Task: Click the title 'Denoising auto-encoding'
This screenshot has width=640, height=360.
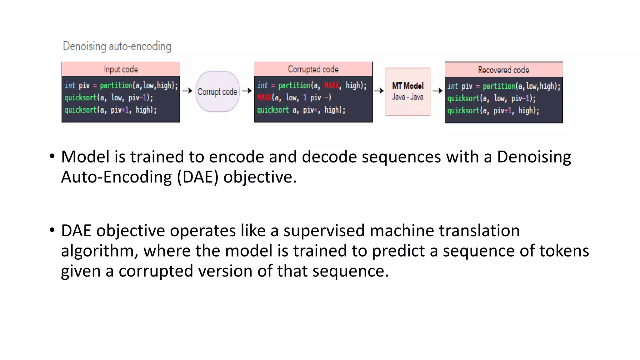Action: click(x=117, y=46)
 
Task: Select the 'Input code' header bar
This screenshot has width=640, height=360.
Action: click(x=121, y=69)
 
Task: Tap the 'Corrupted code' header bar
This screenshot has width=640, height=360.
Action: click(x=313, y=69)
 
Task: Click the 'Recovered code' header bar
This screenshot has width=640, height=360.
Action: click(x=503, y=70)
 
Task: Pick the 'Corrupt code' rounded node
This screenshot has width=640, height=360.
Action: click(x=217, y=92)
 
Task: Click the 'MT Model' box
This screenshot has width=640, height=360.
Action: click(x=408, y=92)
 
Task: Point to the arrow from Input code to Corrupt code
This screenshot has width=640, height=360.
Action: click(x=187, y=91)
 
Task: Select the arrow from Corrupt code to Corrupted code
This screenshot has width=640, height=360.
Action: click(x=247, y=91)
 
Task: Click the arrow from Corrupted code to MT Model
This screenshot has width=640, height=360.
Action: click(x=379, y=91)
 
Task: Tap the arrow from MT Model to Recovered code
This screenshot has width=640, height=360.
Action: click(x=437, y=91)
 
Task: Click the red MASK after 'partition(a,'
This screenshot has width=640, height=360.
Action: click(x=332, y=85)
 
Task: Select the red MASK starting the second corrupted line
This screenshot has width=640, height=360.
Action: click(x=264, y=97)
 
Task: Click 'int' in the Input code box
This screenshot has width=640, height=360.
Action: click(x=70, y=85)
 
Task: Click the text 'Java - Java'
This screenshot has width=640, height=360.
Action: click(x=408, y=97)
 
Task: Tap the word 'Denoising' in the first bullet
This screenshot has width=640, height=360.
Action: click(x=534, y=157)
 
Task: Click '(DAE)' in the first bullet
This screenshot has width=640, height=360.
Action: click(x=197, y=177)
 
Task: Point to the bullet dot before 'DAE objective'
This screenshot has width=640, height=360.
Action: click(x=52, y=230)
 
